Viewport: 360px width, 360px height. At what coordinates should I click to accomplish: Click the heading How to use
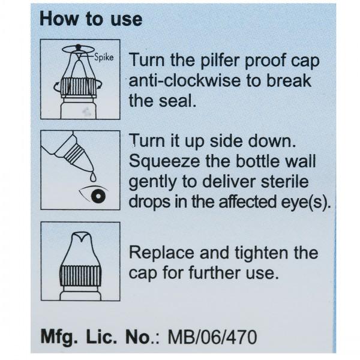click(91, 19)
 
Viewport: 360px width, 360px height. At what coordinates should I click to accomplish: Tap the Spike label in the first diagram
click(104, 57)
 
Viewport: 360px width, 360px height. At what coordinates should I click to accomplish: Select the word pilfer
click(221, 61)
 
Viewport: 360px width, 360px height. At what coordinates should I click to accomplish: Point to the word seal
click(178, 101)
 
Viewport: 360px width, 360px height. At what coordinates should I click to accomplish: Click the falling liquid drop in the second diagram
click(93, 177)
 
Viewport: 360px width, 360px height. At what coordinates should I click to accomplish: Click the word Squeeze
click(164, 161)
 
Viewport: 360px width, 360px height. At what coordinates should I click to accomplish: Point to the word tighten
click(261, 253)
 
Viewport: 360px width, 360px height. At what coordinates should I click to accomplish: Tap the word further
click(215, 273)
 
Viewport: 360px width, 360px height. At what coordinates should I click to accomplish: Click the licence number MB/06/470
click(212, 337)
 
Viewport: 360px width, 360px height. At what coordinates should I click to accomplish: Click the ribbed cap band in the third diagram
click(80, 275)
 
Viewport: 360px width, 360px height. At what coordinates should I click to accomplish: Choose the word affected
click(247, 202)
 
